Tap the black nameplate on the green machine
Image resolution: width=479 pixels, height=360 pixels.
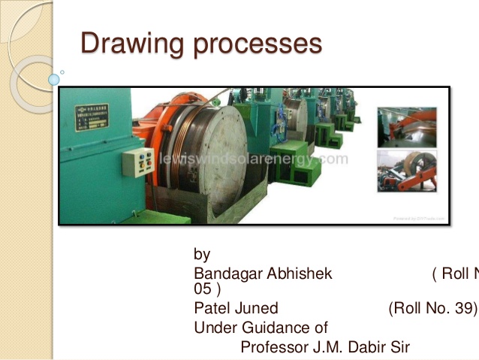(92, 119)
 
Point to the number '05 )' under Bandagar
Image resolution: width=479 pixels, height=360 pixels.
(206, 289)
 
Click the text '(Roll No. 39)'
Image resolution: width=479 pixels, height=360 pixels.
(432, 308)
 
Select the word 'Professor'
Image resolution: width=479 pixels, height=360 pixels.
(273, 347)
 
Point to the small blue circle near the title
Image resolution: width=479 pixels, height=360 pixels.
(54, 79)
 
